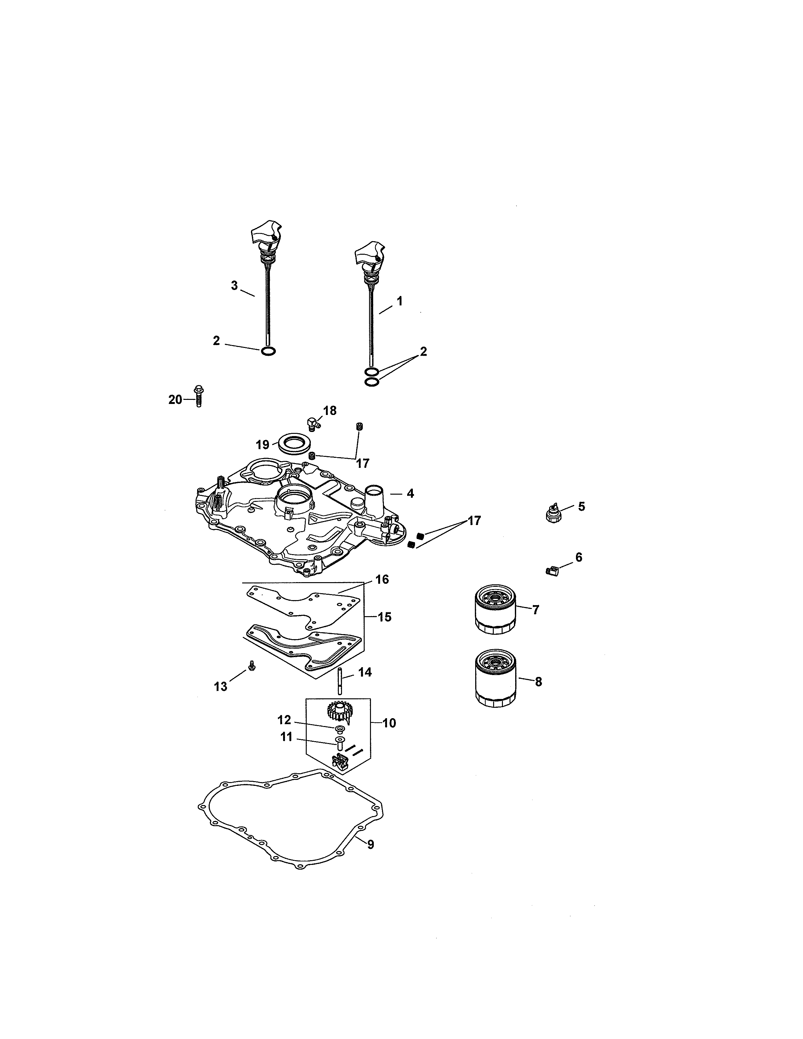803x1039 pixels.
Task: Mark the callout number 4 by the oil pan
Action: (x=410, y=493)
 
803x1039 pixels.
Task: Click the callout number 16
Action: (x=382, y=579)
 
